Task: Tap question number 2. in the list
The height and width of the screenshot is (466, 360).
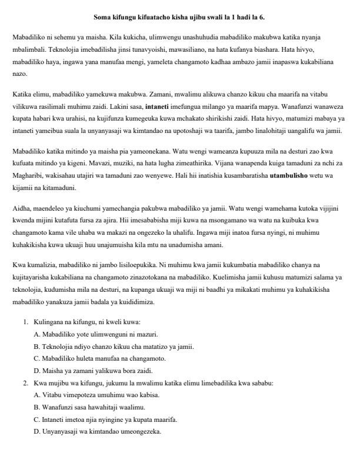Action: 26,383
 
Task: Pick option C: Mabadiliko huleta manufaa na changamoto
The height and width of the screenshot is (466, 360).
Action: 99,358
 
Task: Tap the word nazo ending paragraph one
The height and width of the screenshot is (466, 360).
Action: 18,75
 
